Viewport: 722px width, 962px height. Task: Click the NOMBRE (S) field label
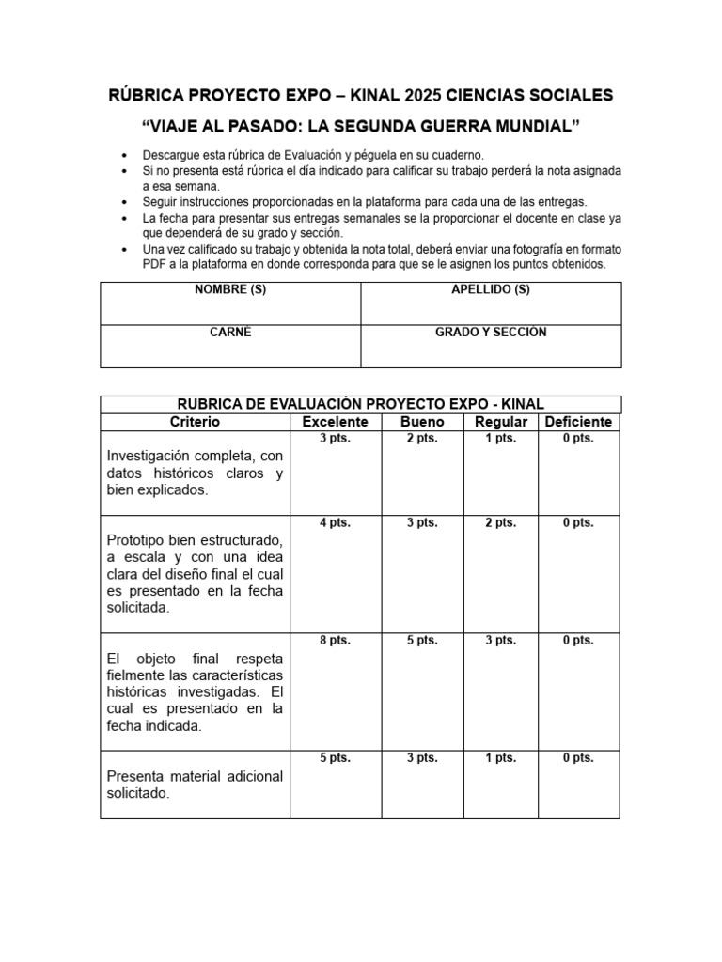[230, 289]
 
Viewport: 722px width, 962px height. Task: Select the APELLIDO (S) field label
[491, 289]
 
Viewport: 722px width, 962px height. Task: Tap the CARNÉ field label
[230, 333]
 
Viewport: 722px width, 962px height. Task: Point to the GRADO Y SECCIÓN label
[491, 333]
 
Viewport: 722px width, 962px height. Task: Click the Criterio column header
[195, 422]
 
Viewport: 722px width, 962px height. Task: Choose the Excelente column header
[335, 422]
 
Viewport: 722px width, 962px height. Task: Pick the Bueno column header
[422, 422]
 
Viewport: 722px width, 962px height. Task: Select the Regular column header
[500, 422]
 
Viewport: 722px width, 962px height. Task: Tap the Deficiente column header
[578, 422]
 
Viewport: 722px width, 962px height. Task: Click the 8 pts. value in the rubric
[335, 641]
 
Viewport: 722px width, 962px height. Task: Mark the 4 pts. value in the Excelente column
[335, 523]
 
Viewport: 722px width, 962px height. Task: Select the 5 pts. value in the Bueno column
[422, 641]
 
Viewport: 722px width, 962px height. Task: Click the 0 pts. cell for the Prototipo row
[578, 523]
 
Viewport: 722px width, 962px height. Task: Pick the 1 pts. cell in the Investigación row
[500, 439]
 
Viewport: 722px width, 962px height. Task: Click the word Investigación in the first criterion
[148, 456]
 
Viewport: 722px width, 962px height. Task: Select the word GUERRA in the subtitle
[456, 126]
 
